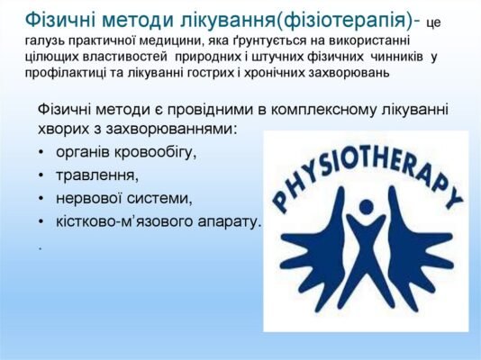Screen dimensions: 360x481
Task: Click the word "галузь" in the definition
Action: pos(45,41)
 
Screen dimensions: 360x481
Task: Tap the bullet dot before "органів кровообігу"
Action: pos(42,152)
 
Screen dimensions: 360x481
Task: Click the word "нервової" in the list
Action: pos(91,197)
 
